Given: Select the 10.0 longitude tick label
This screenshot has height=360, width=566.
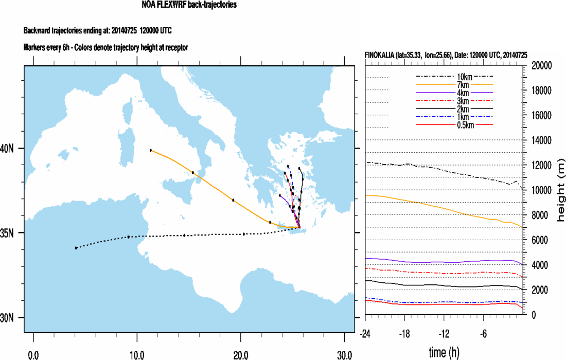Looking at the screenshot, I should click(x=137, y=355).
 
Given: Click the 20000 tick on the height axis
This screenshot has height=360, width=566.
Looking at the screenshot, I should click(x=540, y=65).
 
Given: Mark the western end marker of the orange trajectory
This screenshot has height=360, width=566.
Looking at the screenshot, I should click(x=151, y=150).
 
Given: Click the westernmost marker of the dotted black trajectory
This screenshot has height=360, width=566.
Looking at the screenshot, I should click(x=76, y=248).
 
